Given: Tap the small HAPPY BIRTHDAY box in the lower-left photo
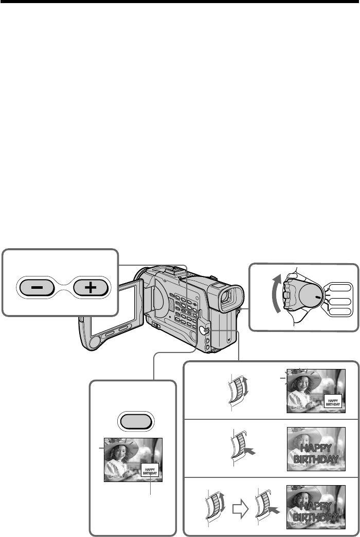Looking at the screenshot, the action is (x=150, y=469).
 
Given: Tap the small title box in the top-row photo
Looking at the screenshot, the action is (x=333, y=401).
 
